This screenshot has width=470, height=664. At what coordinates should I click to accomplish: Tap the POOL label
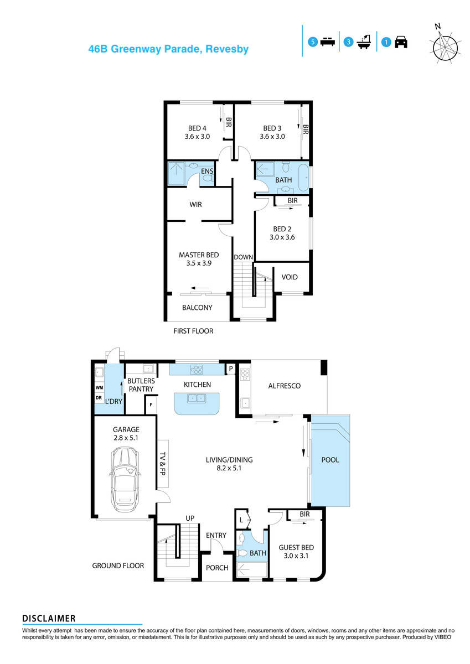(330, 460)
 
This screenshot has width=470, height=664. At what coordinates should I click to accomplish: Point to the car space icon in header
(394, 42)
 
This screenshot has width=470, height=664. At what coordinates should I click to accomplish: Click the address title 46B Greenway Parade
(168, 49)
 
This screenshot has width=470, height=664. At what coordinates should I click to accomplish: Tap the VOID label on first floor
(290, 277)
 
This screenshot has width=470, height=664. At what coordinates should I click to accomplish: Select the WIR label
(195, 205)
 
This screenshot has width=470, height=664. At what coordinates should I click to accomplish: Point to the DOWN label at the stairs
(243, 257)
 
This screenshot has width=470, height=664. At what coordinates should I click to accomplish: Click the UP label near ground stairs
(190, 518)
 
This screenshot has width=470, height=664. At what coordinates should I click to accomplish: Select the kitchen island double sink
(197, 398)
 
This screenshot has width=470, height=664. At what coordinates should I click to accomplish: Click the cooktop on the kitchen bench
(197, 369)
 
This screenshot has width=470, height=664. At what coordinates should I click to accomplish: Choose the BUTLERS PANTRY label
(141, 386)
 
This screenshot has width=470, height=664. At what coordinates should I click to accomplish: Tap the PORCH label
(216, 568)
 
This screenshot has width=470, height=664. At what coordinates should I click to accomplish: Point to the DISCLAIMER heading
(49, 619)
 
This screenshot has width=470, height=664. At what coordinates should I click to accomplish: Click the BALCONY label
(197, 308)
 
